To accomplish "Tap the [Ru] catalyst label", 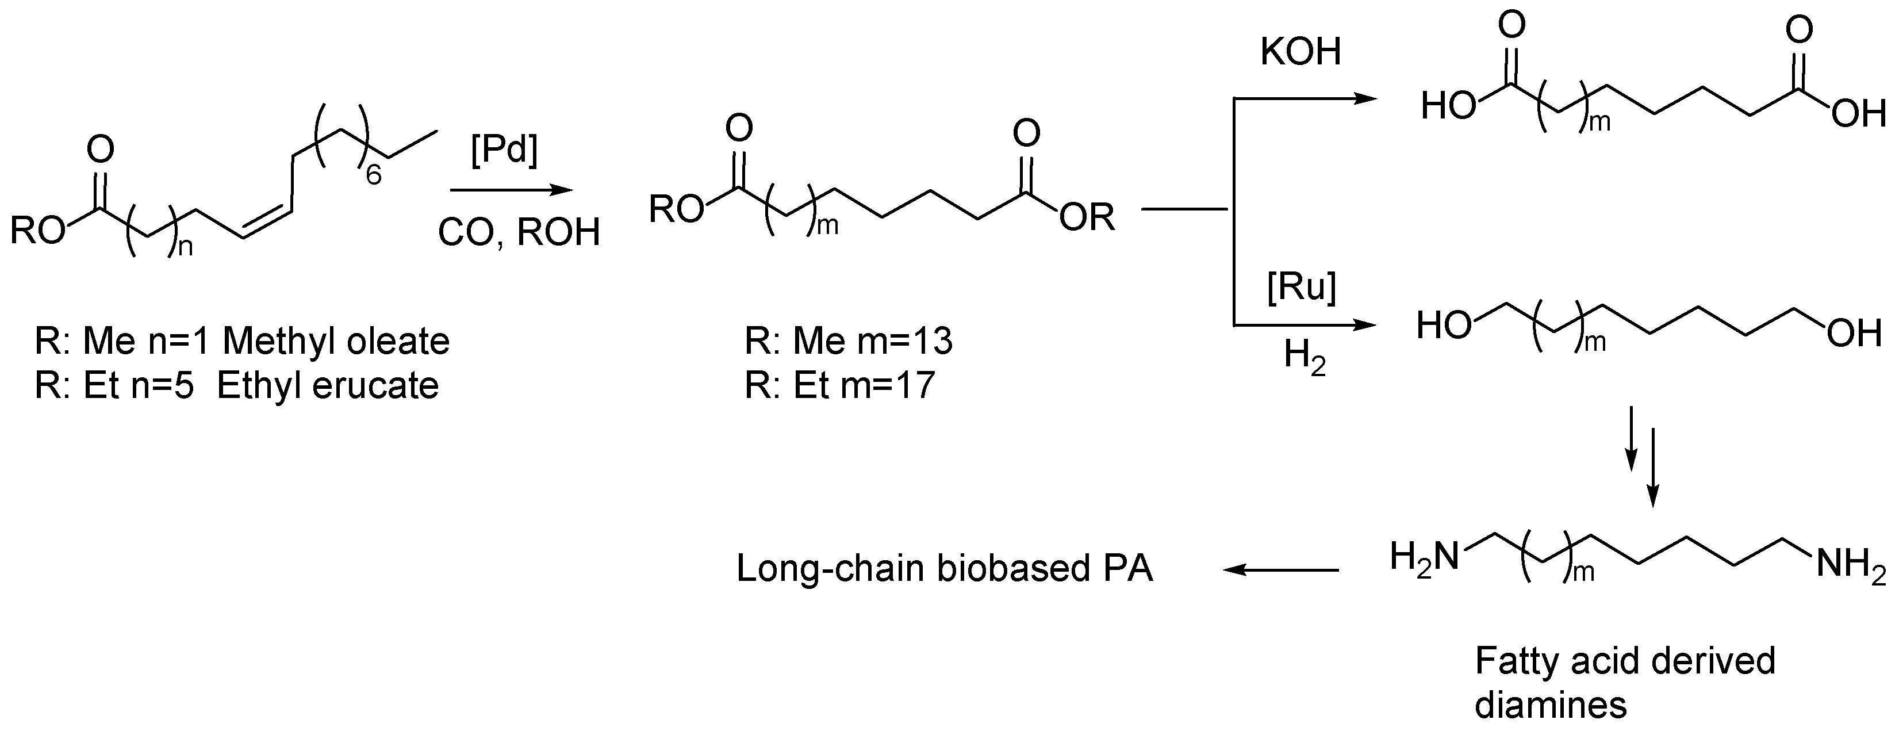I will coord(1301,286).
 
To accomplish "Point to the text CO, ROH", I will coord(519,232).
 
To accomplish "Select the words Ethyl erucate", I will coord(328,386).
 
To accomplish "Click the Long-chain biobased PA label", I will coord(945,569).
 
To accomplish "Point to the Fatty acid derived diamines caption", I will coord(1624,682).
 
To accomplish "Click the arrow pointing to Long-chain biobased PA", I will coord(1281,569).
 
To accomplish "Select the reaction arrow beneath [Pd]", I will coord(512,190).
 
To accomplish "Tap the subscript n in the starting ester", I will coord(185,248).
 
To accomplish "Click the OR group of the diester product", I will coord(1087,217).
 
